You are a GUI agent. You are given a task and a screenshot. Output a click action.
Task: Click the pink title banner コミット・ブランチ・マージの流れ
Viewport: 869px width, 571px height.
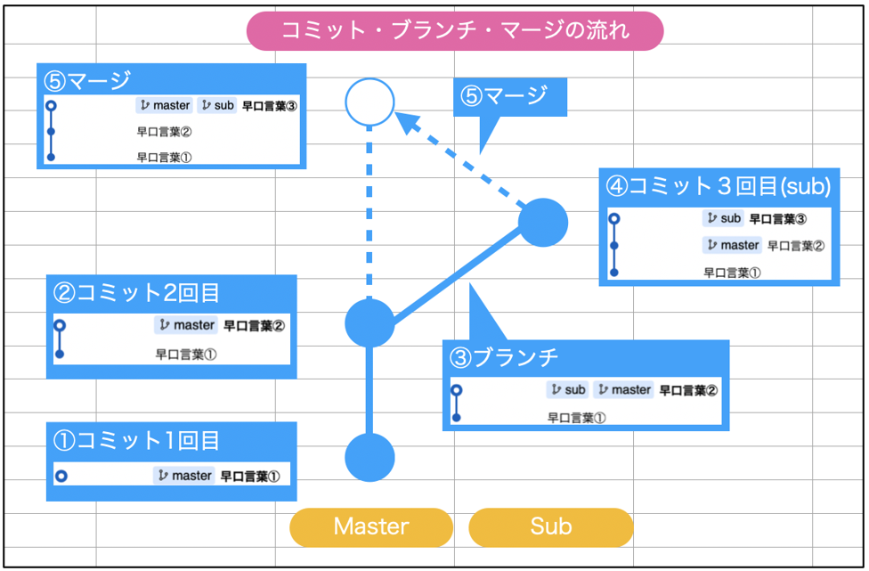coord(454,31)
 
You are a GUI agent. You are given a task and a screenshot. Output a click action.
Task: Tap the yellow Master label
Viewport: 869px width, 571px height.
coord(370,526)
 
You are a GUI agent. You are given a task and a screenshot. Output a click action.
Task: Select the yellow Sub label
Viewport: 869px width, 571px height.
coord(550,526)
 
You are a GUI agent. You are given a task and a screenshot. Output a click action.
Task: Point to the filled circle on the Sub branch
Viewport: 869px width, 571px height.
coord(543,223)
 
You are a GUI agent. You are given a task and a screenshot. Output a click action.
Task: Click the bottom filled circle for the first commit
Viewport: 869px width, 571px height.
coord(370,457)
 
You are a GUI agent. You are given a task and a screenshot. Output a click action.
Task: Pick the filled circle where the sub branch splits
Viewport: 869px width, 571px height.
coord(370,323)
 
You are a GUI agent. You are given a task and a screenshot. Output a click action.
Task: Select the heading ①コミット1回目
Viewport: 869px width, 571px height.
coord(136,441)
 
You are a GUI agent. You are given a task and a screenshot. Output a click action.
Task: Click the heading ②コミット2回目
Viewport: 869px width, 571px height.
coord(136,293)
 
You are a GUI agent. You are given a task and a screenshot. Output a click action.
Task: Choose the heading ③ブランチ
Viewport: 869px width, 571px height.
coord(504,357)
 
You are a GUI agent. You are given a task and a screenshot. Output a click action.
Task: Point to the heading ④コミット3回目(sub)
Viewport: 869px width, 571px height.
coord(719,186)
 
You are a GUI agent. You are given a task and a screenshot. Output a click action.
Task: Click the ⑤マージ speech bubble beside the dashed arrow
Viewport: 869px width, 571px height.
coord(510,97)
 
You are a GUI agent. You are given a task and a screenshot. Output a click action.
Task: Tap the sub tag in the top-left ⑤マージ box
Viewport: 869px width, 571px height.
coord(217,105)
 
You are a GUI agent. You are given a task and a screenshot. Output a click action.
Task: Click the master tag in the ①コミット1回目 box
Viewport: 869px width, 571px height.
coord(184,476)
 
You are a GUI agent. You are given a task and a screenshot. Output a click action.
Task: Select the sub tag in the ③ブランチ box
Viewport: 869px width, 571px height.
coord(567,389)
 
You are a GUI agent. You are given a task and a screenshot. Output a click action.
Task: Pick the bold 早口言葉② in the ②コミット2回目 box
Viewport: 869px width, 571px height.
coord(255,326)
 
